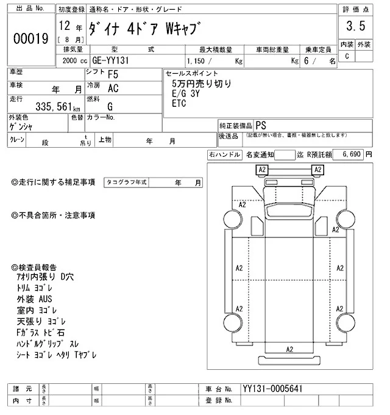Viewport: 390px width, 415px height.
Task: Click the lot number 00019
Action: pos(30,39)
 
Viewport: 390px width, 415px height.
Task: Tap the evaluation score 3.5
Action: pos(355,27)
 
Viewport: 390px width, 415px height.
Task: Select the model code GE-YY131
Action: pos(113,61)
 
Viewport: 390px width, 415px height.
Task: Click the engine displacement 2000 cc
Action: pos(72,61)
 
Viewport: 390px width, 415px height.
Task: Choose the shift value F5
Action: pos(113,74)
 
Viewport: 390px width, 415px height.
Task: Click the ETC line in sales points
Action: pos(179,103)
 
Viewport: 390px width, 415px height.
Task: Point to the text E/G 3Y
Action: pos(186,94)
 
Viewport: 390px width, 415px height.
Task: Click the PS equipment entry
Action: pos(261,124)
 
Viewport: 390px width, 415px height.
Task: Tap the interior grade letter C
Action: pos(347,56)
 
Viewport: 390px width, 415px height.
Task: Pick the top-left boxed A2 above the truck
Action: pos(262,169)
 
